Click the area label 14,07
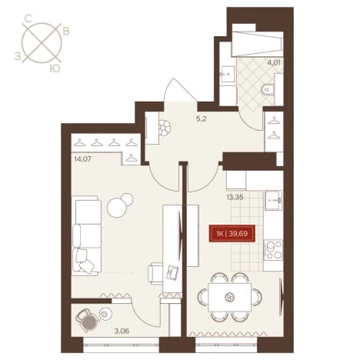click(x=83, y=159)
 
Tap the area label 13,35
click(x=235, y=197)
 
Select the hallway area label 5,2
click(x=201, y=119)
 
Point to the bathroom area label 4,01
click(x=274, y=62)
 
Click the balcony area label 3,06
click(x=122, y=331)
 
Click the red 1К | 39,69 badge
click(x=232, y=234)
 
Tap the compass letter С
click(x=28, y=18)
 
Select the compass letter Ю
click(x=55, y=68)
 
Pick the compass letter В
click(x=66, y=32)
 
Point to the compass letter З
click(x=18, y=56)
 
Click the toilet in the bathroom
click(x=268, y=90)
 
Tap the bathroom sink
click(x=228, y=74)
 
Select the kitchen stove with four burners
click(x=273, y=249)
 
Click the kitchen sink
click(x=273, y=200)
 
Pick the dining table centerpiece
click(x=229, y=298)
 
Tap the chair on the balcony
click(x=88, y=320)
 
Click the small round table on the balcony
click(x=105, y=314)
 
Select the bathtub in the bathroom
click(x=257, y=44)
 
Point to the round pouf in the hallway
click(x=165, y=128)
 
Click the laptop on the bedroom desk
click(x=172, y=272)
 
